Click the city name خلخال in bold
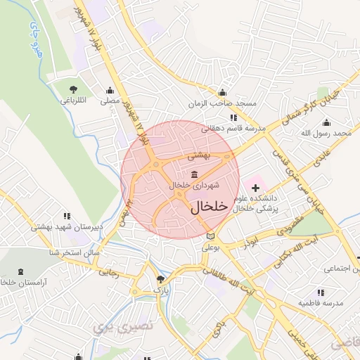coord(210,206)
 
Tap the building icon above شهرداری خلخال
coord(194,174)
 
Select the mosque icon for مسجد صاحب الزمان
coord(222,92)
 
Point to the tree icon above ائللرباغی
coord(73,89)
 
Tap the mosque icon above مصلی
coord(110,90)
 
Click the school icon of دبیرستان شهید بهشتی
coord(67,216)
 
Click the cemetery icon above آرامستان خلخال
coord(19,271)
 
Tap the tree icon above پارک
coord(160,279)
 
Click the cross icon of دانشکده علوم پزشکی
coord(255,188)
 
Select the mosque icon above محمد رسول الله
coord(327,122)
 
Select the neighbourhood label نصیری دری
coord(112,326)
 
